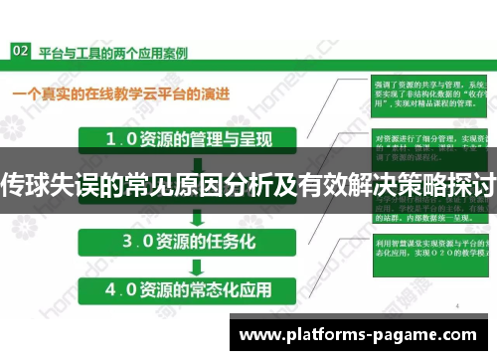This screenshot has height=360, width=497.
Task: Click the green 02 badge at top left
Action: (19, 49)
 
